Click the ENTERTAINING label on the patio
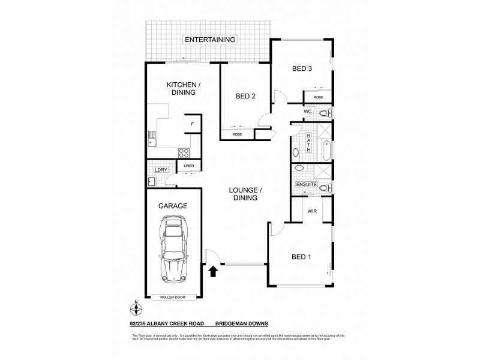(210, 40)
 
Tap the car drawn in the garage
(173, 251)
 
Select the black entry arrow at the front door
(213, 272)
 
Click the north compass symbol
(137, 310)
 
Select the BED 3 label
(302, 68)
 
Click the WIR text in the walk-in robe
(312, 211)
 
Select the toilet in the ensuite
(323, 188)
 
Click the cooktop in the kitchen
(184, 152)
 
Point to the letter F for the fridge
(192, 125)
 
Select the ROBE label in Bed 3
(318, 97)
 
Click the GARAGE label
(173, 206)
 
